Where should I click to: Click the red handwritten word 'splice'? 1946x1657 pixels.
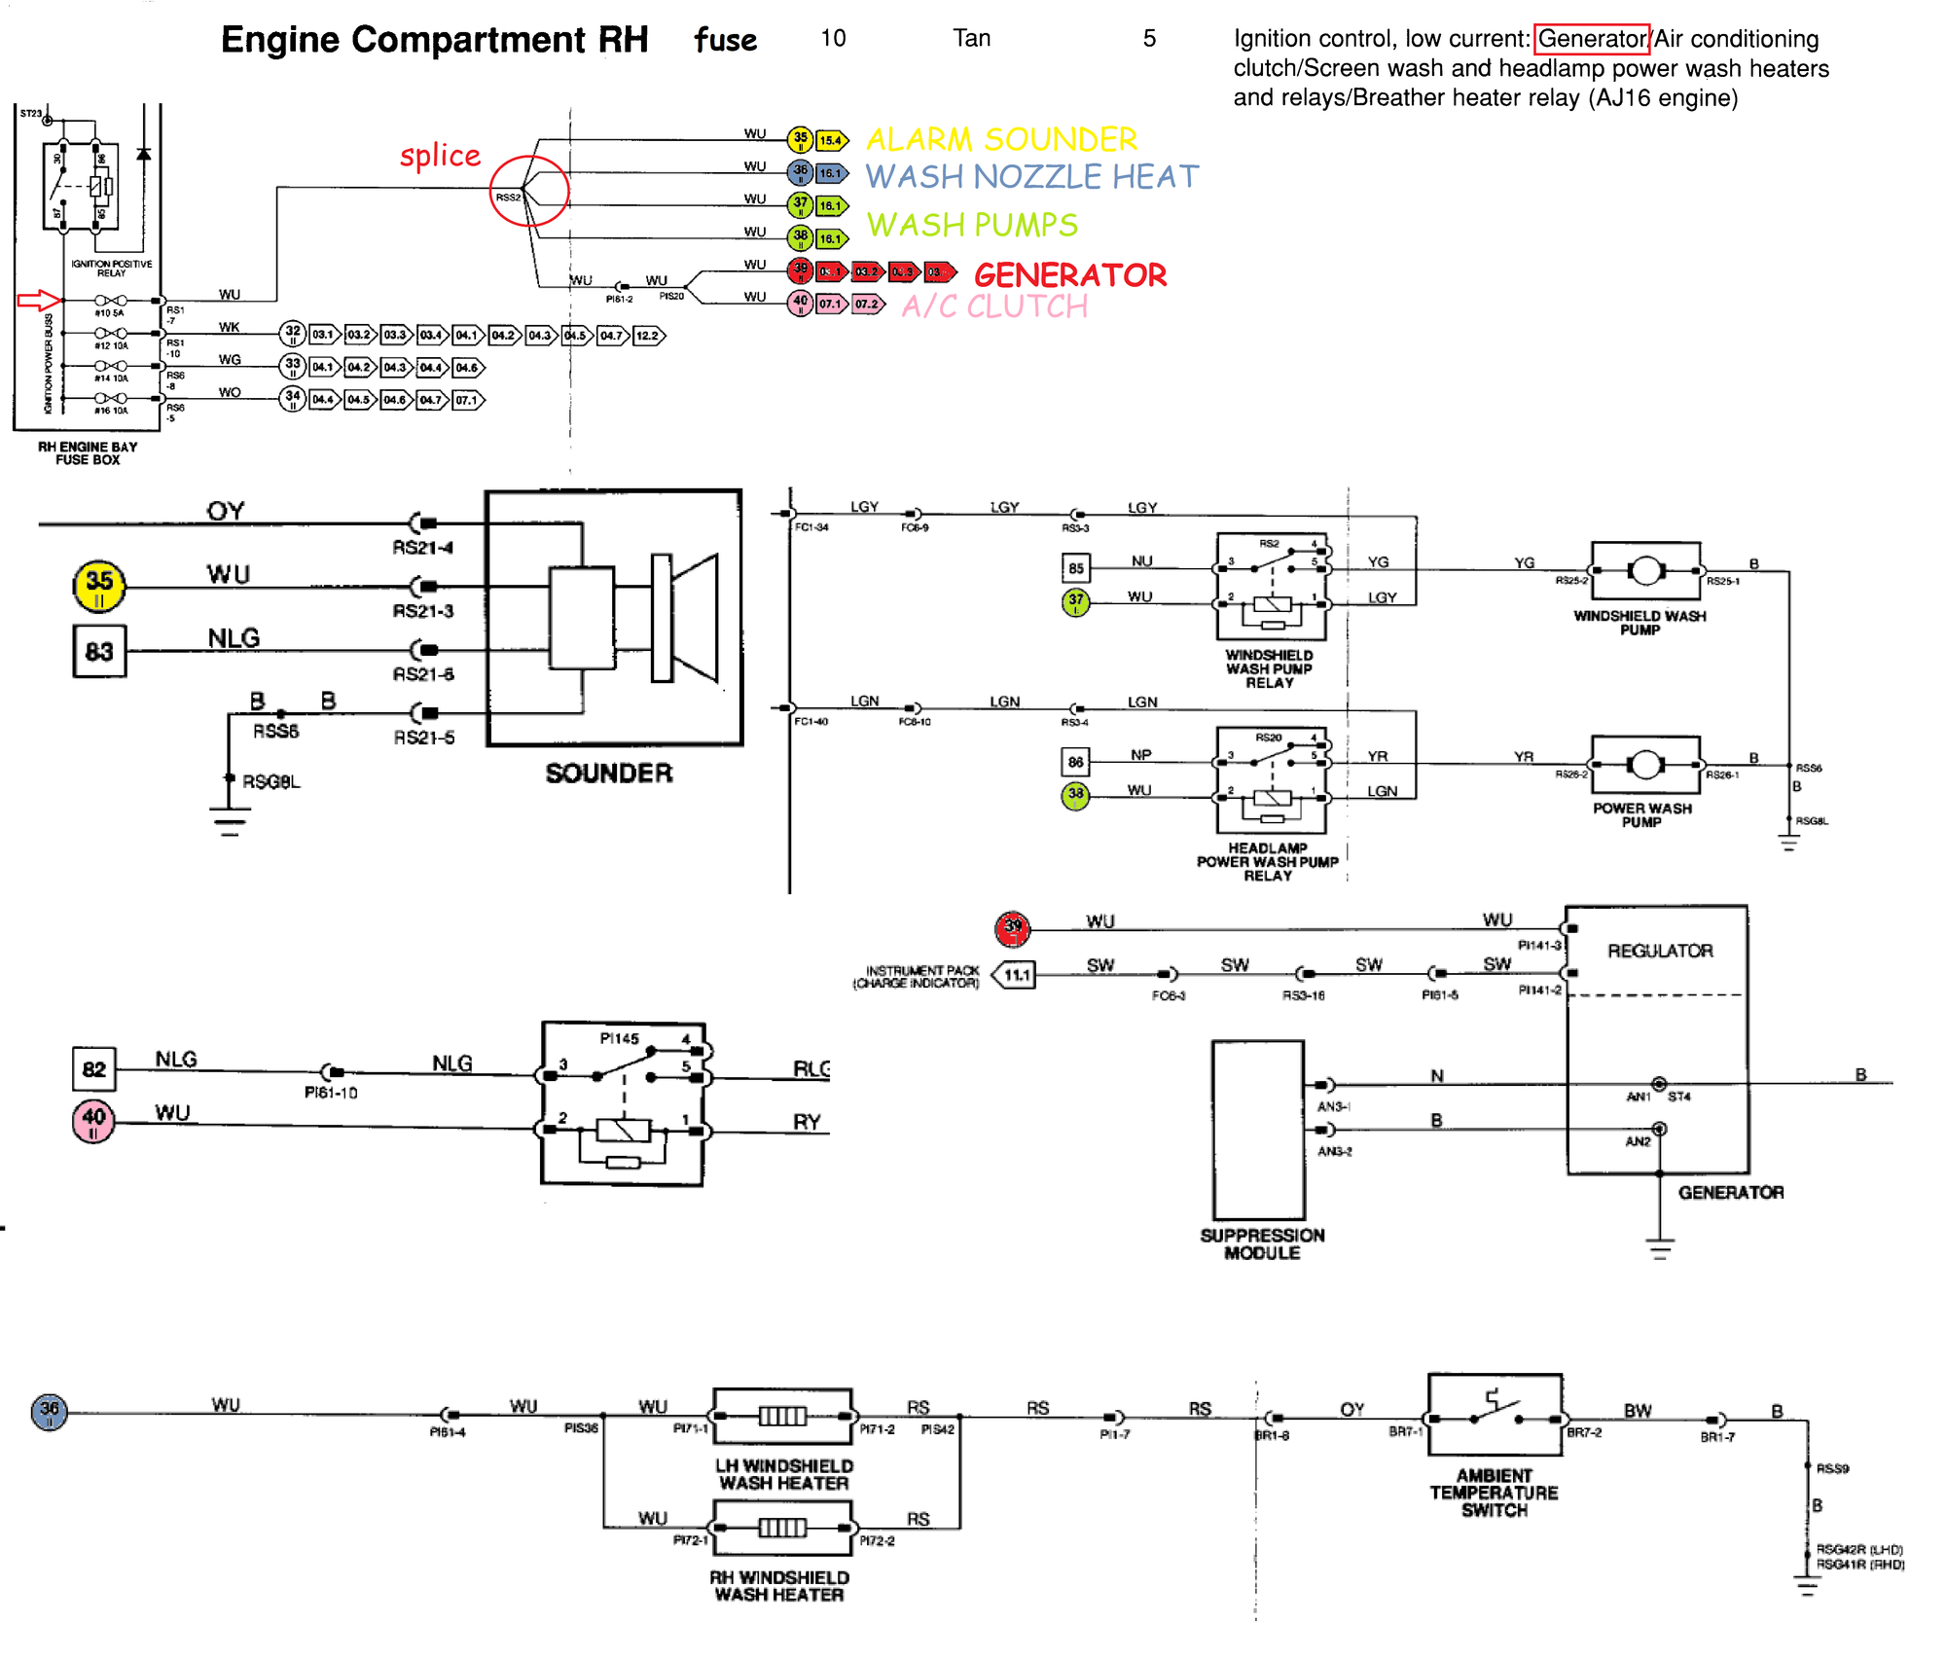coord(440,156)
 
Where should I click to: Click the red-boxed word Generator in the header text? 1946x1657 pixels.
coord(1592,39)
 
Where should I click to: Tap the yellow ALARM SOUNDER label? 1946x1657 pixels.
coord(1001,139)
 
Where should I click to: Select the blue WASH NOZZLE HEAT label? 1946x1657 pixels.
coord(1031,177)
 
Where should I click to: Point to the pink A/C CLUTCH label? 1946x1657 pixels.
coord(994,306)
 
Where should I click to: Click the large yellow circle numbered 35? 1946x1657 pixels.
coord(99,587)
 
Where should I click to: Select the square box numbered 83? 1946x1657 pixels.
coord(99,651)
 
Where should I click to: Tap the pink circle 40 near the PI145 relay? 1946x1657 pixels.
coord(93,1121)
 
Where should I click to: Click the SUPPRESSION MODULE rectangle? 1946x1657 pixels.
coord(1258,1130)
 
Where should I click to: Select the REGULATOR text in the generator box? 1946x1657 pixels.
coord(1660,951)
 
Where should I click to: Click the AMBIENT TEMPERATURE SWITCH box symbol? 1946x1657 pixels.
coord(1495,1415)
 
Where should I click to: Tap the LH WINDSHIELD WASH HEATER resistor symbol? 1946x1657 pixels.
coord(783,1416)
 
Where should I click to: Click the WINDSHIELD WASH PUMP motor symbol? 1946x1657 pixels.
coord(1645,571)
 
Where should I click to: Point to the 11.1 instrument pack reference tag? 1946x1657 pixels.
coord(1015,974)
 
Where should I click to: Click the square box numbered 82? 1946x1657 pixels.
coord(93,1069)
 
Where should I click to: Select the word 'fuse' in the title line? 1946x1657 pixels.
coord(725,40)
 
